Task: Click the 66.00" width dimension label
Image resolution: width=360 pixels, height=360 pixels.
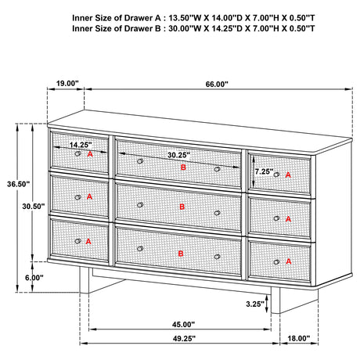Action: click(x=217, y=85)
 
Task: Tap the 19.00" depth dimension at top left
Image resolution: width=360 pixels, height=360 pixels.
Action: click(x=67, y=84)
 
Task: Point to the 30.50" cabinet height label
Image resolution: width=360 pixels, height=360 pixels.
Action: click(x=34, y=207)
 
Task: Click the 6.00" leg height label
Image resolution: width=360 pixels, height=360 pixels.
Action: click(x=34, y=278)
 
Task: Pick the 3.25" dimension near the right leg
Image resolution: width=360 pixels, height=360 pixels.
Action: click(x=255, y=304)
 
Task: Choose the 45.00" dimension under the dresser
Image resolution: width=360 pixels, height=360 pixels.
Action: click(x=183, y=325)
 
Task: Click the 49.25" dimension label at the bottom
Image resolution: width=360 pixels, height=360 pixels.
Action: click(x=184, y=338)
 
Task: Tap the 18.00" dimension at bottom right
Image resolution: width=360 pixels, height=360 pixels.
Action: click(x=299, y=338)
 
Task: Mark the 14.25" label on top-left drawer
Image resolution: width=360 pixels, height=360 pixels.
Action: click(x=81, y=145)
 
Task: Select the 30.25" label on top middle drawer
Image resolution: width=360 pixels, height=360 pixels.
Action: click(x=178, y=155)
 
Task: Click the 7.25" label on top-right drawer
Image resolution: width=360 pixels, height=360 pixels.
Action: click(x=264, y=171)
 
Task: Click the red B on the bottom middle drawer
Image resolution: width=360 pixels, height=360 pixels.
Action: click(x=181, y=254)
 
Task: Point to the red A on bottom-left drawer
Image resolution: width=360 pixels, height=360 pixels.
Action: click(x=88, y=242)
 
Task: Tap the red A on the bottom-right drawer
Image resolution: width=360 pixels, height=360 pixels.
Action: click(x=289, y=261)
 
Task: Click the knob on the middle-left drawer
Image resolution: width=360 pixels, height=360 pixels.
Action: click(x=77, y=197)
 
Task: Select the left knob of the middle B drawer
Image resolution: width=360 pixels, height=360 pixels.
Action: click(x=140, y=205)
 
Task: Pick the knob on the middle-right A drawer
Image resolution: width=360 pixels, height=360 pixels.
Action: click(x=276, y=218)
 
